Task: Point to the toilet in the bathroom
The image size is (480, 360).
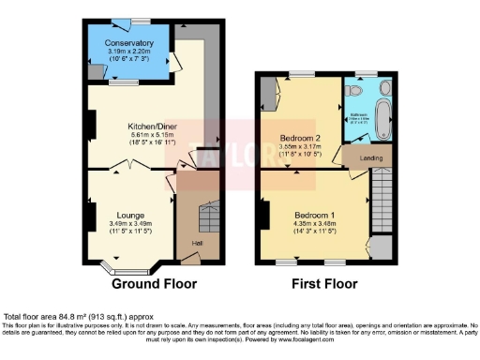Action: click(x=352, y=91)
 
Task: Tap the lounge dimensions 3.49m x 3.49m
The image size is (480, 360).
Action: click(x=129, y=223)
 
